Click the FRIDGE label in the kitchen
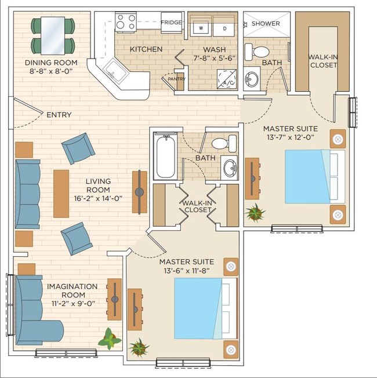[171, 23]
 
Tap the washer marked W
[201, 28]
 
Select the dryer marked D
[224, 29]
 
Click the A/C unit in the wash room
[227, 79]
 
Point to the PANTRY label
[176, 79]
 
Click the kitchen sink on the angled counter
[116, 72]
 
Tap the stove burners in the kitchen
[126, 22]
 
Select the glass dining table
[53, 36]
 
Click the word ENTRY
[59, 115]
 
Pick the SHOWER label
[266, 24]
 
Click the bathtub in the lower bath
[165, 156]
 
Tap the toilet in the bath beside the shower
[257, 52]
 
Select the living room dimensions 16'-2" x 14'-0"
[98, 198]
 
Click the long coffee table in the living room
[61, 194]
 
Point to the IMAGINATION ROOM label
[72, 290]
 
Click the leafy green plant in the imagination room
[110, 339]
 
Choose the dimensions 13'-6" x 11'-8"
[186, 271]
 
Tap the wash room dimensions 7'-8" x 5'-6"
[214, 58]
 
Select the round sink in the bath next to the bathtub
[230, 168]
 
